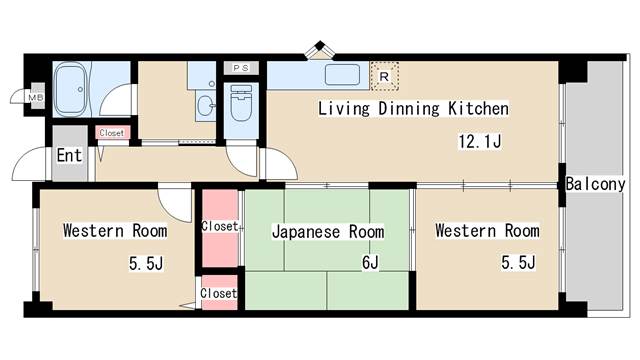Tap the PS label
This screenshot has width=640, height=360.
240,67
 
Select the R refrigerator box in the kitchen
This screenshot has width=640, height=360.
384,74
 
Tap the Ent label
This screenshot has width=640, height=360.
69,155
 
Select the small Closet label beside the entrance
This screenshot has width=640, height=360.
111,132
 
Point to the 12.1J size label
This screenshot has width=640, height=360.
479,141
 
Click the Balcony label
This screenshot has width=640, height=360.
596,184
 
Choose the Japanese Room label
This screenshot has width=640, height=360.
328,232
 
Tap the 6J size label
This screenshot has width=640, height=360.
370,263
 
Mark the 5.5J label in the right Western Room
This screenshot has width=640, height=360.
518,262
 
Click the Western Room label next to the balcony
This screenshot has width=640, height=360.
487,231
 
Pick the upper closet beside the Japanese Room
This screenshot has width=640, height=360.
219,227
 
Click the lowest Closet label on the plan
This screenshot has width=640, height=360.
219,294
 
